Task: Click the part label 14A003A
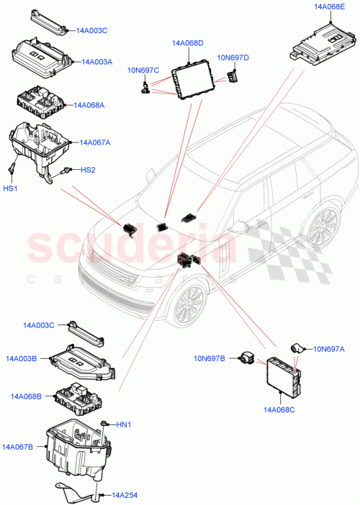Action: click(x=97, y=63)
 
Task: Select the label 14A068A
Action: click(x=88, y=104)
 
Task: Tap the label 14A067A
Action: click(x=95, y=142)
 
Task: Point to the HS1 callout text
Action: click(x=13, y=188)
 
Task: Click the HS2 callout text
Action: click(x=87, y=170)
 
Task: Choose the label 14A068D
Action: click(x=188, y=43)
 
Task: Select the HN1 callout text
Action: click(x=124, y=424)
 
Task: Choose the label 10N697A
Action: click(x=329, y=349)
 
